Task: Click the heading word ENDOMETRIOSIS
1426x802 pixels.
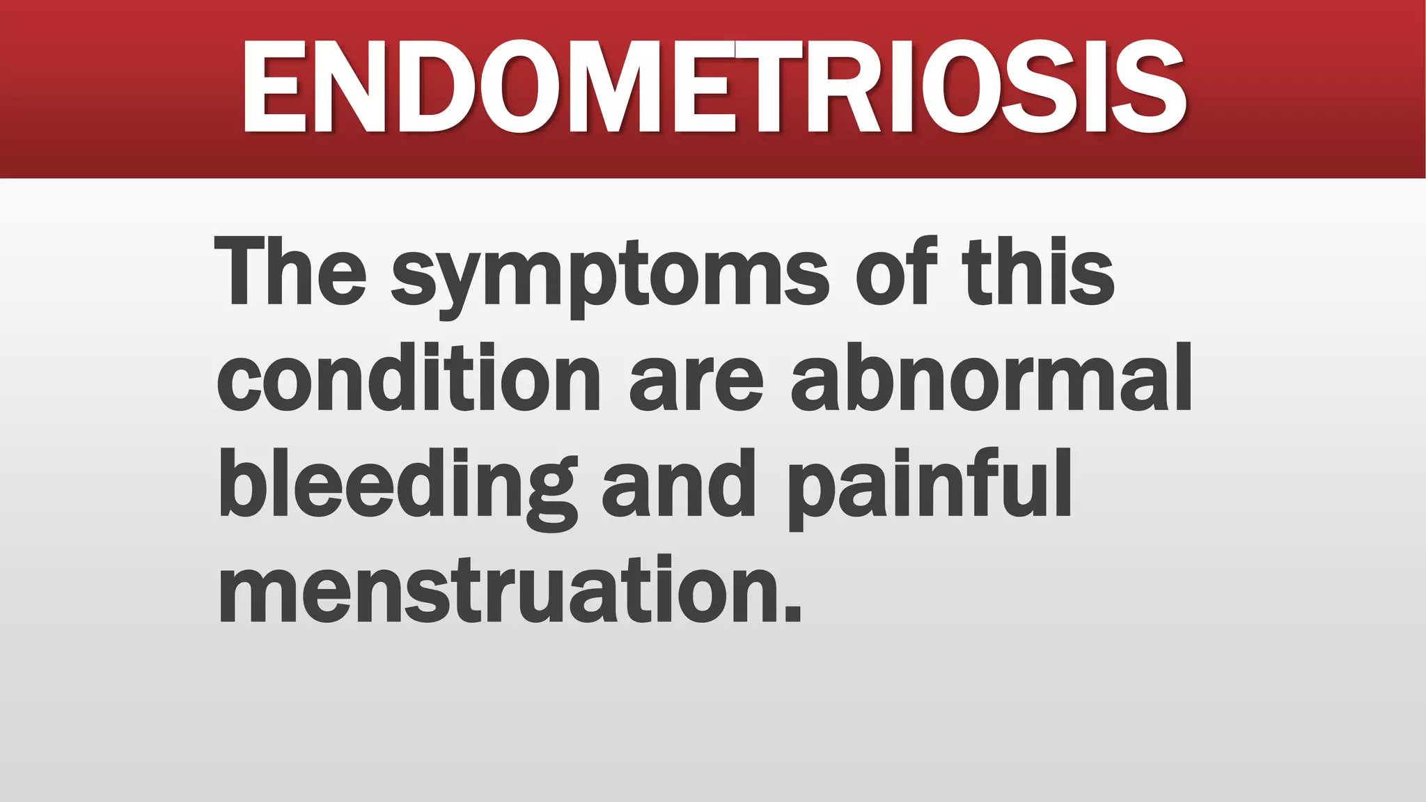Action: pos(713,86)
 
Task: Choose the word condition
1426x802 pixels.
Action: pos(409,378)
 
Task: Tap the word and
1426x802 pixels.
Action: pos(680,485)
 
